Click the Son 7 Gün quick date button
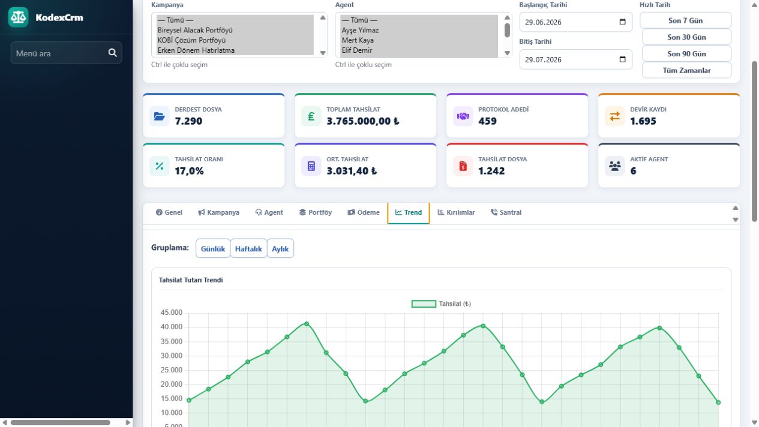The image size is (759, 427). click(685, 20)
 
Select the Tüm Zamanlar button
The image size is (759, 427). click(686, 70)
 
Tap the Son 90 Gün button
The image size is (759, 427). click(686, 54)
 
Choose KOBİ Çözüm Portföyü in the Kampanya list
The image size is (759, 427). click(191, 40)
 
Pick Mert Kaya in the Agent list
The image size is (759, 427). click(358, 40)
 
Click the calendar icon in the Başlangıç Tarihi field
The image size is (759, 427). click(622, 22)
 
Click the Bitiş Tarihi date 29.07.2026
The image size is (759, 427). click(543, 59)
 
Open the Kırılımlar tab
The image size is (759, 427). click(456, 212)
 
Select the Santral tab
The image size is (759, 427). click(506, 212)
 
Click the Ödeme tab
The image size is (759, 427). click(364, 212)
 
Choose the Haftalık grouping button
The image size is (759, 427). click(248, 248)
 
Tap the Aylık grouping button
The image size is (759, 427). click(280, 248)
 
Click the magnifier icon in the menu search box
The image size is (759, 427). click(112, 53)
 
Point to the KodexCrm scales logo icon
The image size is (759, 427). click(18, 17)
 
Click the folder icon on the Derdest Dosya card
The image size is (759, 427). click(159, 116)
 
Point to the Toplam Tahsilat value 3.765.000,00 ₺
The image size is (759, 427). click(363, 121)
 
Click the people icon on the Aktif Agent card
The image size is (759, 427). click(614, 166)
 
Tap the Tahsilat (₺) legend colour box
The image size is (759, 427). click(424, 303)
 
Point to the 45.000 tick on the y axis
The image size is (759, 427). click(172, 312)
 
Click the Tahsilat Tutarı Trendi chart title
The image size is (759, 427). click(191, 280)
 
